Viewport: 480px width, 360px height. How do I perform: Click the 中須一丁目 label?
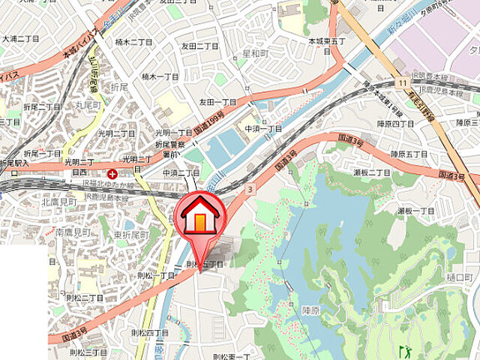pyautogui.click(x=262, y=128)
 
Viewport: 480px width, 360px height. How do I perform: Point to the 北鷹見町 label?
pyautogui.click(x=60, y=202)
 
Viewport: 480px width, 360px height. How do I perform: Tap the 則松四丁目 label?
pyautogui.click(x=150, y=332)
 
